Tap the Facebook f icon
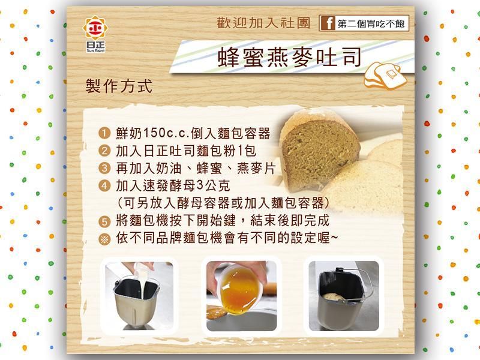pos(328,23)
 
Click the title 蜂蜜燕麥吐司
pos(290,57)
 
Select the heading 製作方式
pos(119,86)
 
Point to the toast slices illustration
pos(385,76)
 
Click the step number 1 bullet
pos(104,133)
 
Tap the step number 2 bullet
pos(104,151)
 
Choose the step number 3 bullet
pos(104,168)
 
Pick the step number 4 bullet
pos(104,185)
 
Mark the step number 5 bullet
pos(104,221)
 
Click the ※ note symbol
pos(104,239)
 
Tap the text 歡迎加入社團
pos(263,23)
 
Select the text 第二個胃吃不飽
pos(371,23)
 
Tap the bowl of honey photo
pos(242,296)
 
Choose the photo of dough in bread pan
pos(344,296)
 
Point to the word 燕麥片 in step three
pos(256,168)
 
